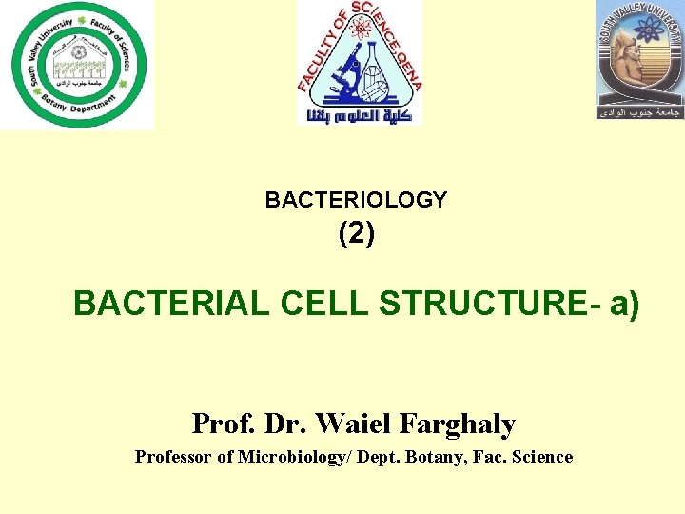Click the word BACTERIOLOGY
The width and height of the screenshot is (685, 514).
356,200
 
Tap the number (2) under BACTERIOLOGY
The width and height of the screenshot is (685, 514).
357,234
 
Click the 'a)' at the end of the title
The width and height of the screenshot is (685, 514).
623,304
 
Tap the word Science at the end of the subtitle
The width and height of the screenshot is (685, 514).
542,457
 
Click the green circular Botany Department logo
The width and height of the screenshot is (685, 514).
77,64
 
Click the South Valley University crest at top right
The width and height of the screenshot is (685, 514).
639,59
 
